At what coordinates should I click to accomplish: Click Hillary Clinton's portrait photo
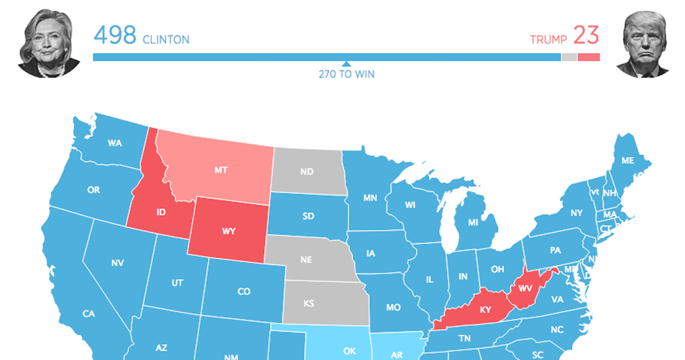point(49,43)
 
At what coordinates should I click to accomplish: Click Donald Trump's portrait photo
point(642,45)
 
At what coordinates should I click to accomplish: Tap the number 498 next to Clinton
point(115,36)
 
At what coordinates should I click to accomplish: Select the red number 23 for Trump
point(586,36)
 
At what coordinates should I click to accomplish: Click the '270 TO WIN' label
point(346,74)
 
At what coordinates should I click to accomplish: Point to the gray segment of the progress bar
point(569,57)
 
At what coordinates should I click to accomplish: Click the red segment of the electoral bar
point(589,57)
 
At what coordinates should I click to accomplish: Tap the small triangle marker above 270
point(346,64)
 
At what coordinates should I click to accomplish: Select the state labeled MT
point(221,170)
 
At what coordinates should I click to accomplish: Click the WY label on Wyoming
point(228,232)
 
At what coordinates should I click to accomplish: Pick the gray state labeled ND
point(307,172)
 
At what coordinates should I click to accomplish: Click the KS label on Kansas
point(308,304)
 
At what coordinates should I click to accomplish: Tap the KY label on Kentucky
point(485,310)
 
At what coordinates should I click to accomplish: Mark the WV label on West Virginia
point(525,287)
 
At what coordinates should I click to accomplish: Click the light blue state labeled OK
point(349,351)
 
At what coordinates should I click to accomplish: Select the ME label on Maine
point(627,161)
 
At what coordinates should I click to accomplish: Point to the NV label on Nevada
point(118,263)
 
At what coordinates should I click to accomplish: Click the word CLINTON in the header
point(166,40)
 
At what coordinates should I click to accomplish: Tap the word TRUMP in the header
point(548,40)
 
